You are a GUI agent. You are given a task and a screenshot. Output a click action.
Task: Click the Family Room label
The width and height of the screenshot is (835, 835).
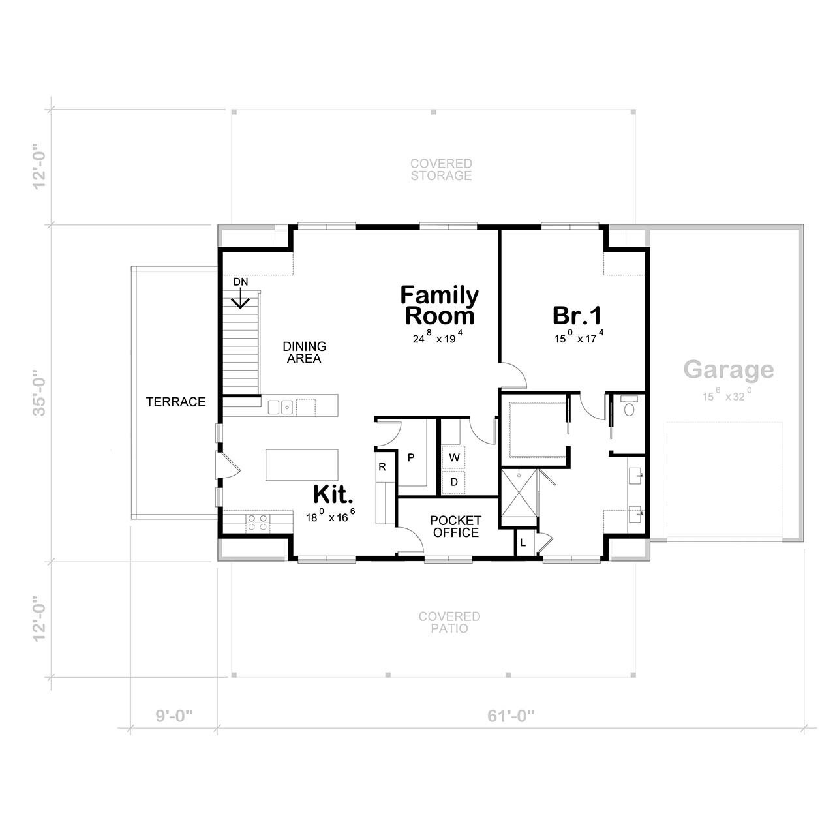pos(439,306)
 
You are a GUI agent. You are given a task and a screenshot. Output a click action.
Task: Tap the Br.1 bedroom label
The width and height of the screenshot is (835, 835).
pos(577,316)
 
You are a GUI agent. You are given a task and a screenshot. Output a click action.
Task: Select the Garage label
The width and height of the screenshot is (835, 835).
pos(729,370)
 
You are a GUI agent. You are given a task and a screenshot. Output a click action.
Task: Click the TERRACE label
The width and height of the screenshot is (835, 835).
pos(175,402)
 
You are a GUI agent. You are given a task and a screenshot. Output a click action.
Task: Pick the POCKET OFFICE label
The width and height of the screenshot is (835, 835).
pos(455,526)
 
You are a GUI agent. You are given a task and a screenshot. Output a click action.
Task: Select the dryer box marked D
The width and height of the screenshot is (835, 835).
pos(454,481)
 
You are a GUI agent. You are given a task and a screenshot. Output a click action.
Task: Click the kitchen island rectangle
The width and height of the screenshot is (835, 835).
pos(302,464)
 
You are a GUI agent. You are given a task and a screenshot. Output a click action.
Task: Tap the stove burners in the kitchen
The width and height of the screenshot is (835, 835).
pos(257,523)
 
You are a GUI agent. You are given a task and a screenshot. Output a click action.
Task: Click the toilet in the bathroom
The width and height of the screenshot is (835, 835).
pos(629,407)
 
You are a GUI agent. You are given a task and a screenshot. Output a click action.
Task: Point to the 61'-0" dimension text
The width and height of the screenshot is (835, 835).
pos(511,716)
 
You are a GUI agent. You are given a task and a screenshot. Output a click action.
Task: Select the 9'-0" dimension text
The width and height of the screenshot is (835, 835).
pos(174,716)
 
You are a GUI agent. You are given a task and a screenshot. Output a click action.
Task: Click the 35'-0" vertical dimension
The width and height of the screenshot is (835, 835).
pos(40,393)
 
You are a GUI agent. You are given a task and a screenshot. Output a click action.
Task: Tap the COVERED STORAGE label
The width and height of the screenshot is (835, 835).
pos(441,170)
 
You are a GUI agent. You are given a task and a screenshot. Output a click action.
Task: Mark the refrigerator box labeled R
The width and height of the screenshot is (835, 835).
pos(382,468)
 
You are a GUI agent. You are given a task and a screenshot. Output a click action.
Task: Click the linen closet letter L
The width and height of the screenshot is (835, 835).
pos(523,543)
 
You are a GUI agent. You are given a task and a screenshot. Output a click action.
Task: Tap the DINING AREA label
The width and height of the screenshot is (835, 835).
pos(304,353)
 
